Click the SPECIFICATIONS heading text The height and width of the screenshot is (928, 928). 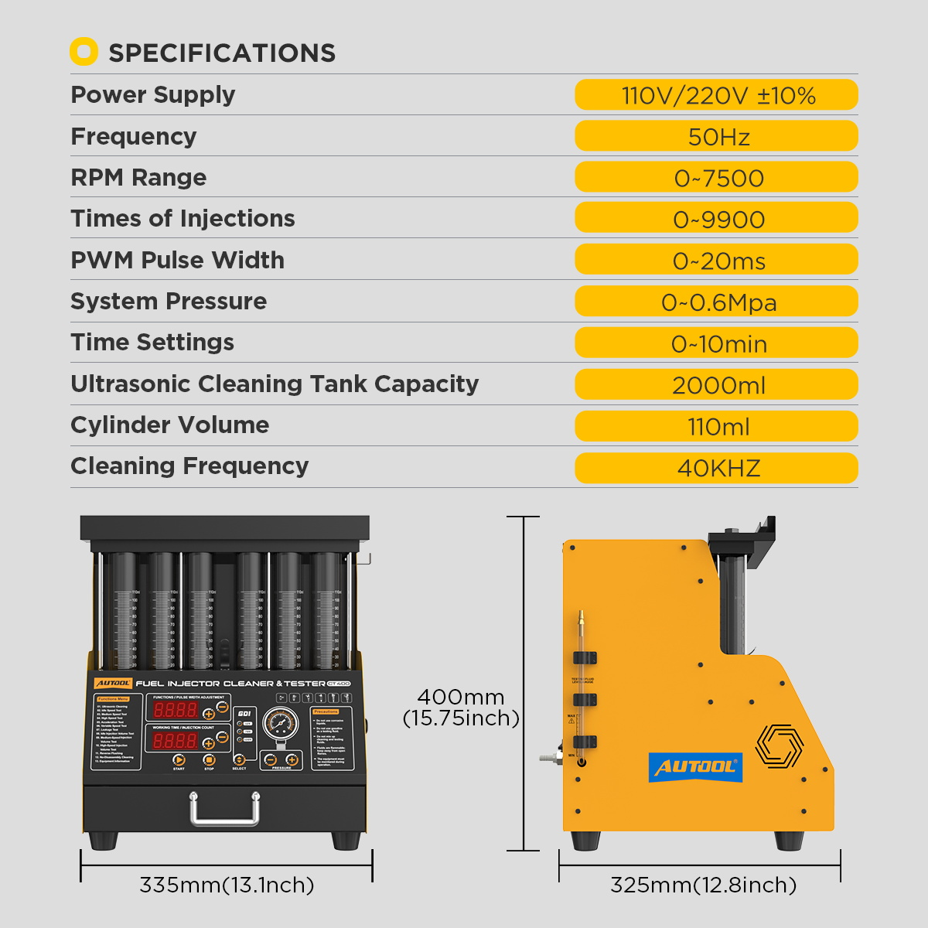point(222,53)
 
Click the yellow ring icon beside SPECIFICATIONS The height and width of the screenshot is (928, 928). point(84,52)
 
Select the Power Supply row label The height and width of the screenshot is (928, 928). point(153,94)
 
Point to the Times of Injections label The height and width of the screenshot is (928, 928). point(183,218)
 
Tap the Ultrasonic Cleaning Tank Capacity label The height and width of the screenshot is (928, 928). point(275,384)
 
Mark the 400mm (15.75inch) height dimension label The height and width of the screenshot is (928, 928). point(461,707)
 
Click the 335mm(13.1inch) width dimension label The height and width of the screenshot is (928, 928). point(227,885)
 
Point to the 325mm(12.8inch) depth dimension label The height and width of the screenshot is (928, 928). point(703,885)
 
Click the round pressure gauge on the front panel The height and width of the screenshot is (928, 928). point(280,725)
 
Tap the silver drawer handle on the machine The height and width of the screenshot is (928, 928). point(224,808)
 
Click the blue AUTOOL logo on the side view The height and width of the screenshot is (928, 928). point(695,766)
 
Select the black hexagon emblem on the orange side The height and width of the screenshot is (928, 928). point(779,746)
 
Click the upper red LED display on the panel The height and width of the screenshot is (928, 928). point(176,709)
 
